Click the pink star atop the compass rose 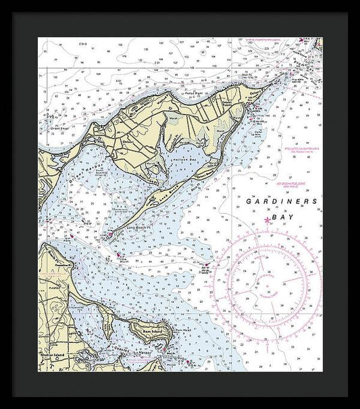tap(267, 220)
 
